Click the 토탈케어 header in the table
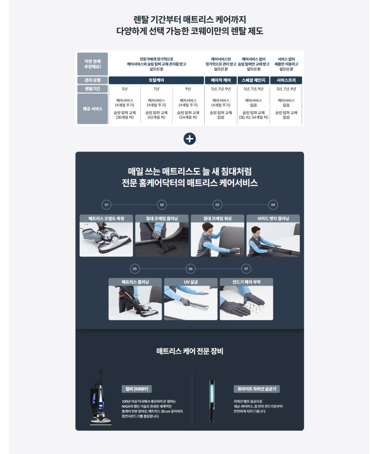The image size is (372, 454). [156, 80]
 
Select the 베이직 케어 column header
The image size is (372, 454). [221, 80]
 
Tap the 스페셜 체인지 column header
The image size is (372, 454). [254, 80]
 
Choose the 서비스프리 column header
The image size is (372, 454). [286, 80]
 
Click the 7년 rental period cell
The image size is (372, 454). [156, 89]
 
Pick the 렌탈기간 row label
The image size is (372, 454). [93, 89]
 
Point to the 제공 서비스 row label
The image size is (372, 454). [93, 109]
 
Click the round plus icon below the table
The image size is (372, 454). [190, 139]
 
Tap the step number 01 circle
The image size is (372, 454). [106, 205]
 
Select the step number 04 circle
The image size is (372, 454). [273, 205]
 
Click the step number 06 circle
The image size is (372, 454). [190, 269]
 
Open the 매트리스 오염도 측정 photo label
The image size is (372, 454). [106, 219]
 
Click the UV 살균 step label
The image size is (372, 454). [190, 282]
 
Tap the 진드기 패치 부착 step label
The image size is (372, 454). [246, 282]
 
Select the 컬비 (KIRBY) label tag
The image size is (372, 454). [137, 389]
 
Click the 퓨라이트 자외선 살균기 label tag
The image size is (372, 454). [257, 389]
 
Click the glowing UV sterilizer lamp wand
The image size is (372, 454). [212, 401]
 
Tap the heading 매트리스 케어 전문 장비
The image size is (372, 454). [190, 351]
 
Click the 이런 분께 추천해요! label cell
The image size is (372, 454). [93, 64]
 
